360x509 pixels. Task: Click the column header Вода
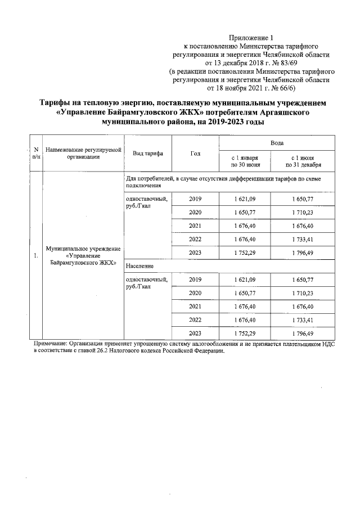[x=277, y=144]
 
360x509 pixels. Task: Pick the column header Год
[x=195, y=154]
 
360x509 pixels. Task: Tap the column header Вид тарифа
[x=147, y=154]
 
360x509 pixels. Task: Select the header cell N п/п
[x=36, y=153]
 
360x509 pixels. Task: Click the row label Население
[x=141, y=264]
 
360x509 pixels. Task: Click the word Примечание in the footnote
[x=52, y=343]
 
